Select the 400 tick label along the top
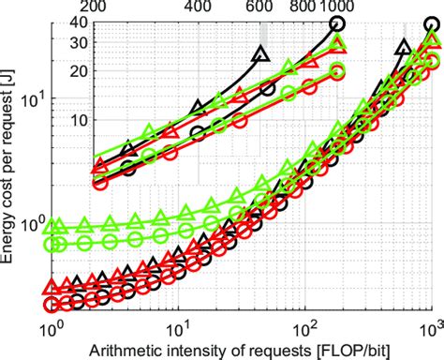pyautogui.click(x=199, y=7)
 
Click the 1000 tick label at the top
pyautogui.click(x=337, y=7)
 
